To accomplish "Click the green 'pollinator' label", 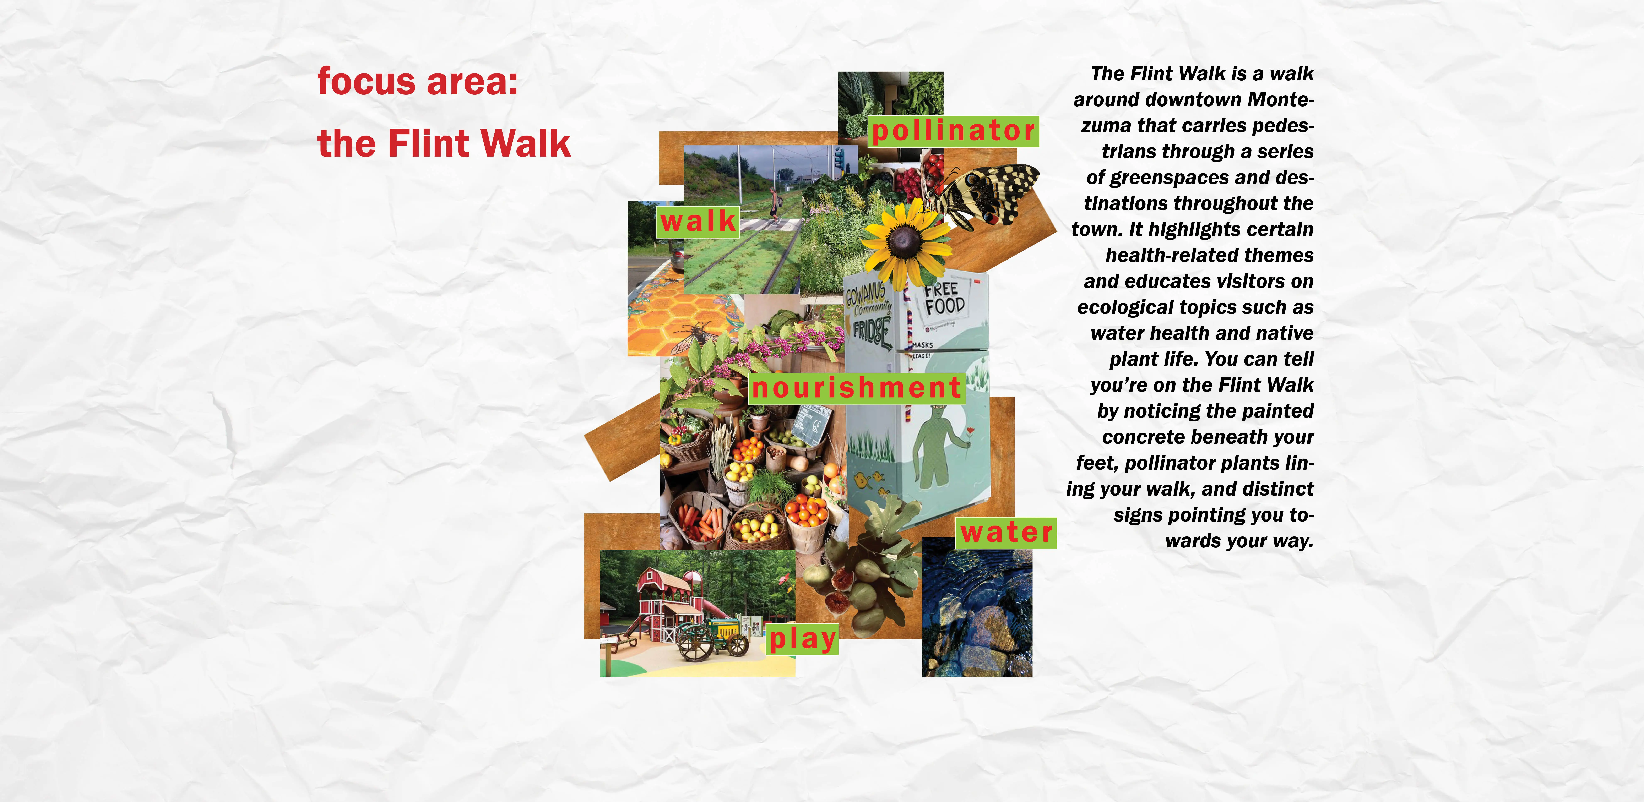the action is [954, 131].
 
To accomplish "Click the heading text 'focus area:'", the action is [417, 82].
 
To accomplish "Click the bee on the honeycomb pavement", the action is [694, 335].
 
